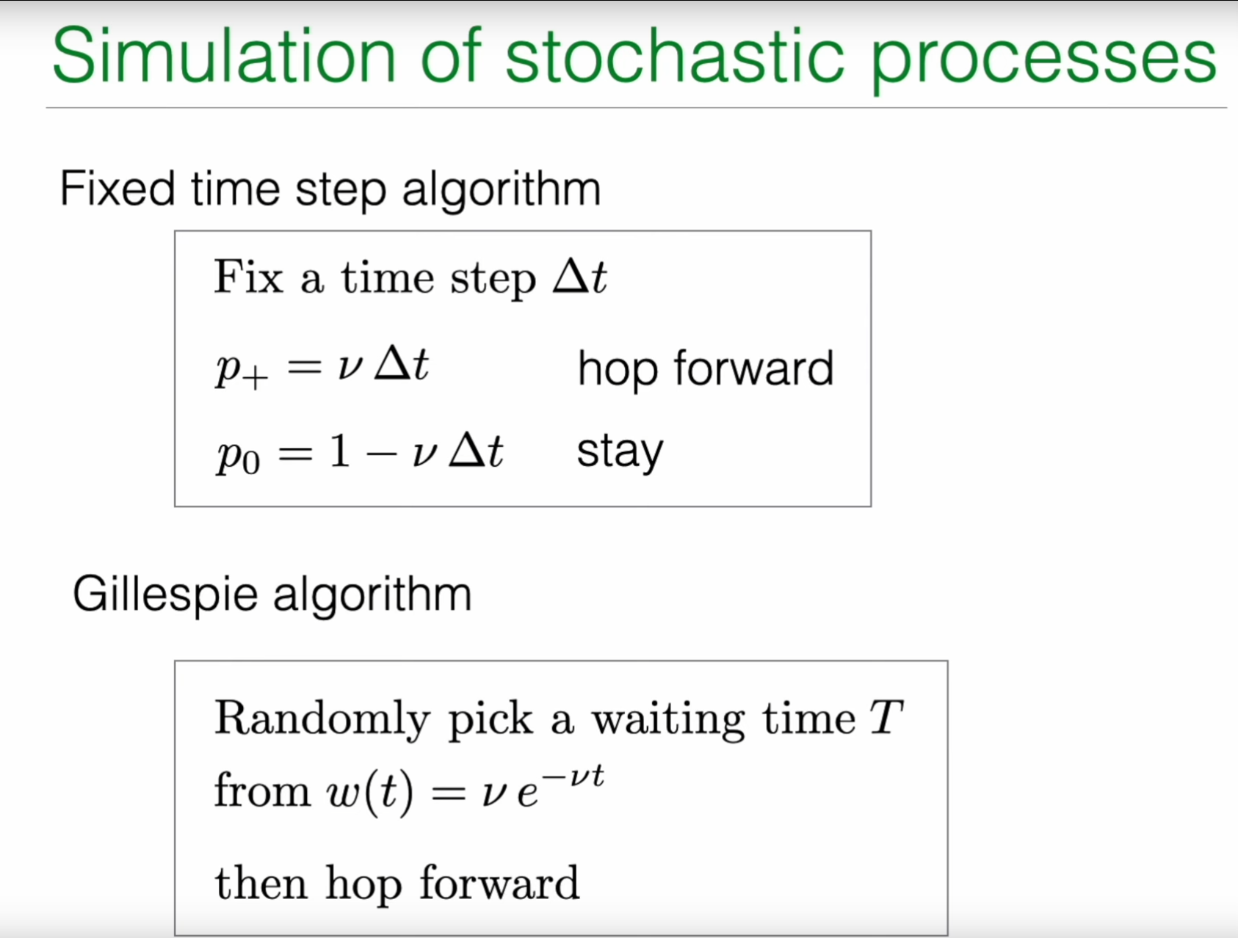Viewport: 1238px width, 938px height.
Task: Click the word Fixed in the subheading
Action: (117, 189)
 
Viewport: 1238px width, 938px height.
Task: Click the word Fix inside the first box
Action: (248, 277)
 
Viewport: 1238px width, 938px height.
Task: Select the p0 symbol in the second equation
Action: (239, 455)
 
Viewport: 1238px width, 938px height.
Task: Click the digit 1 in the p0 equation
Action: (339, 450)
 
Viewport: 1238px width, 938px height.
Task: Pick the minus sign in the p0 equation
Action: (381, 454)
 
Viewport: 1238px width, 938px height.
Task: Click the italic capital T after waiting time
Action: (886, 717)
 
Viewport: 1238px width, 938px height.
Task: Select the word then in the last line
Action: (261, 882)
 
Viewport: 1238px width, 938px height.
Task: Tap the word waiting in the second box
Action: (668, 720)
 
